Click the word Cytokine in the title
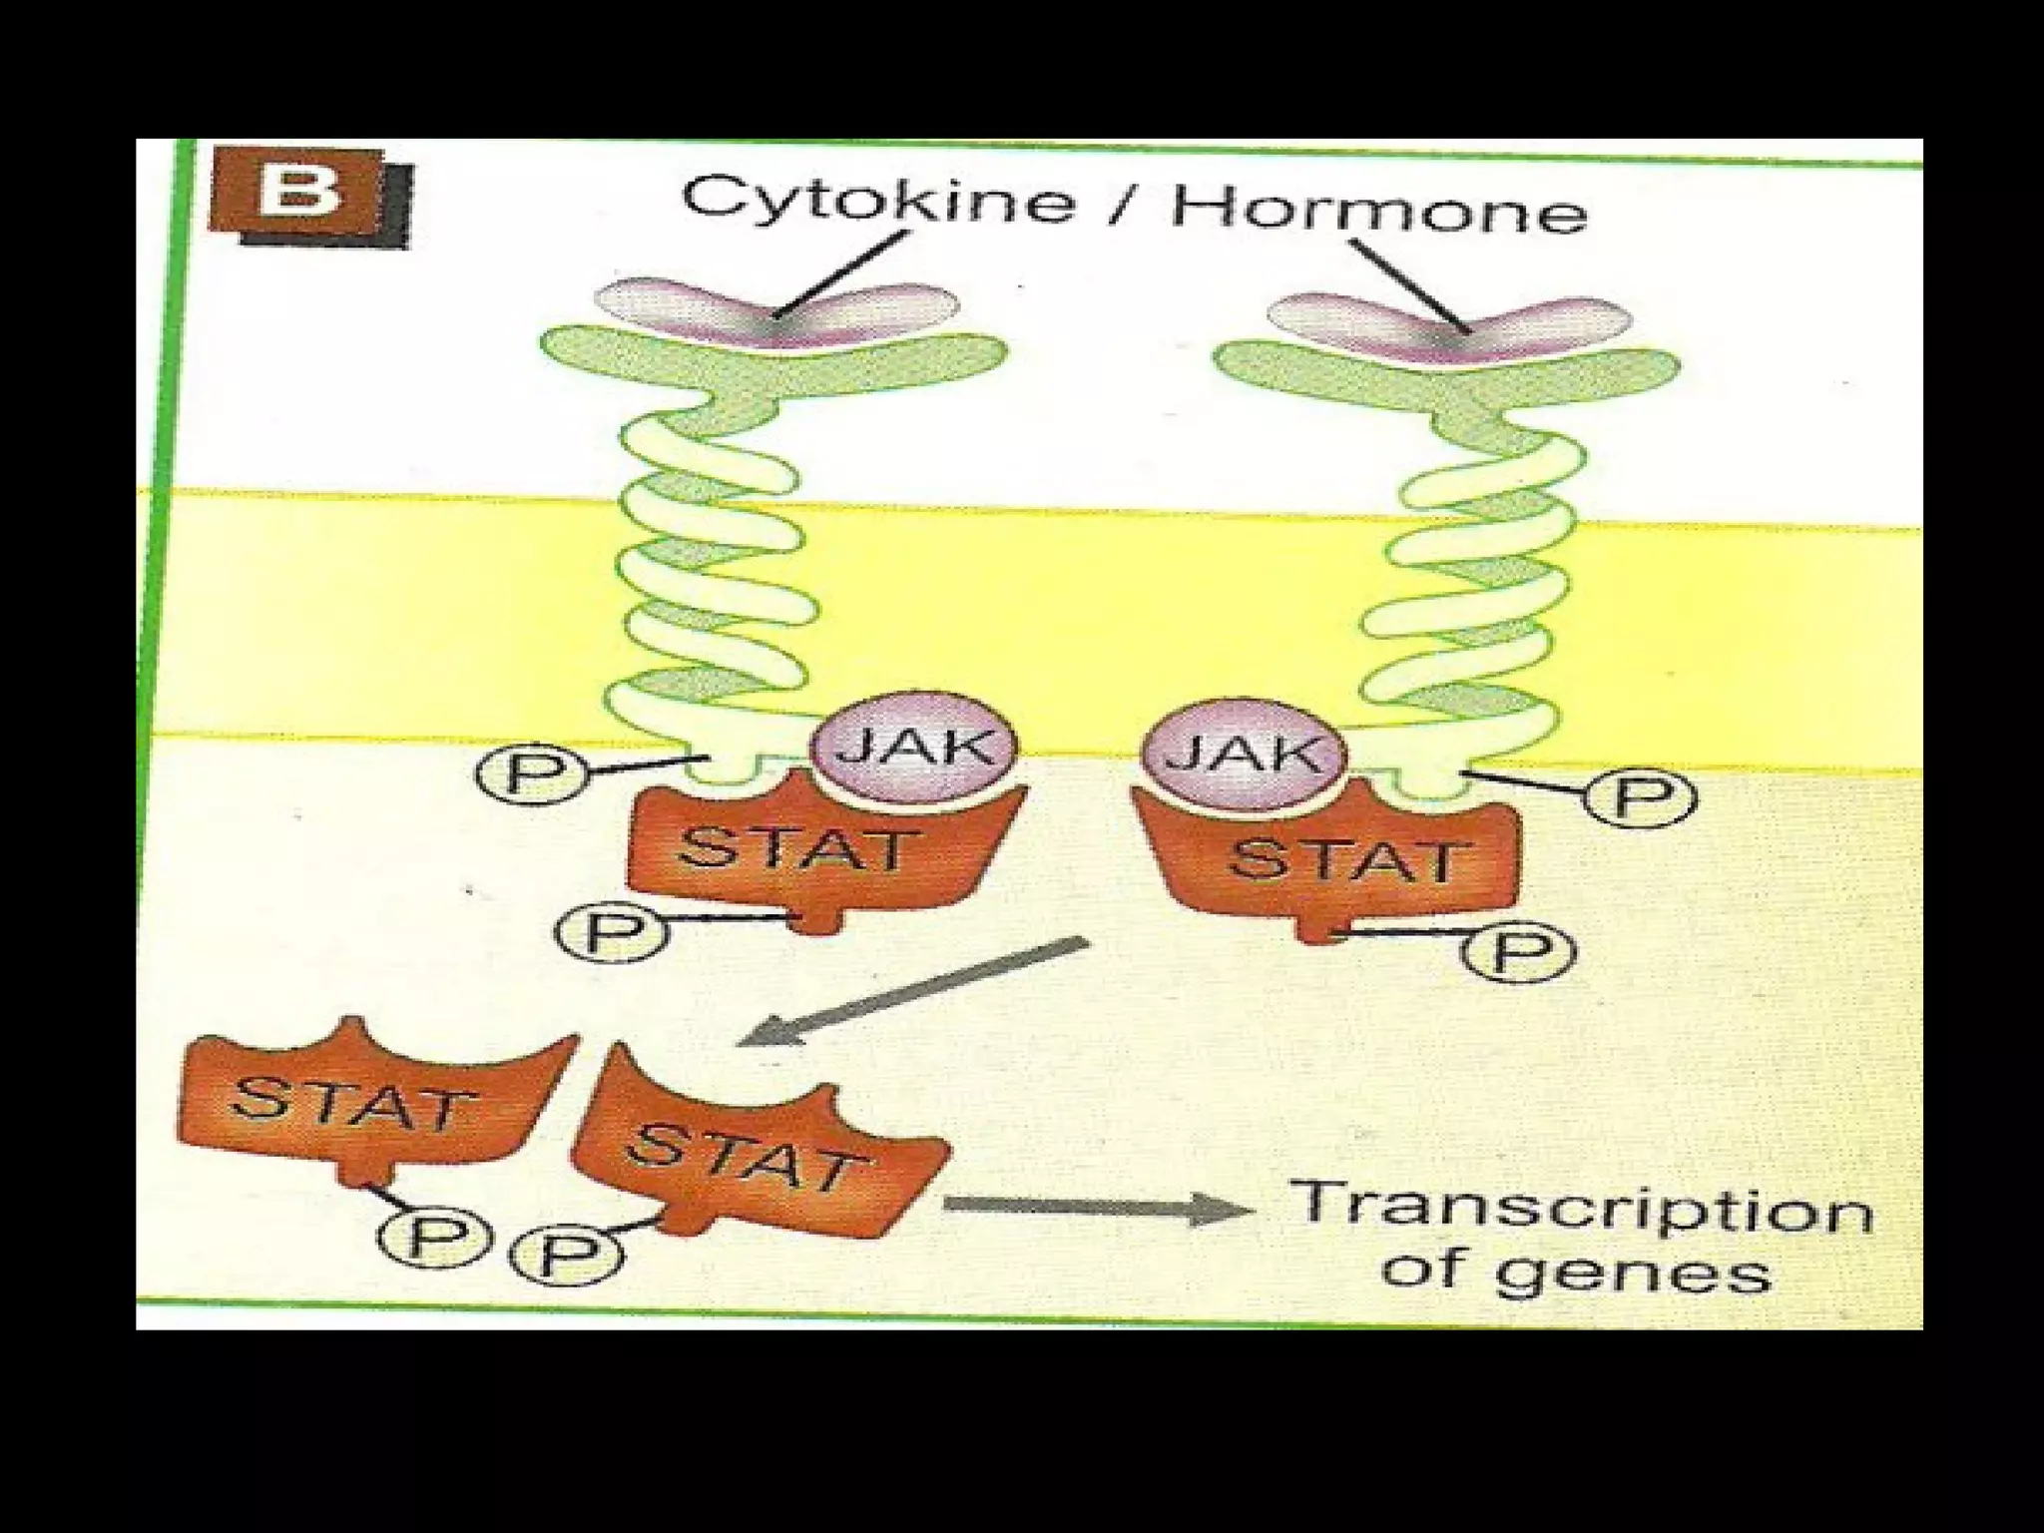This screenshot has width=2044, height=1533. [x=878, y=200]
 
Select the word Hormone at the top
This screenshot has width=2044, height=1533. [x=1378, y=212]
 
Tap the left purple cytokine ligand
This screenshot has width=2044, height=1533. [x=775, y=311]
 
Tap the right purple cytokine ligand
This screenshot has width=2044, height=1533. [x=1449, y=324]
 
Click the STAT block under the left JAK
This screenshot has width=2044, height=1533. [x=798, y=850]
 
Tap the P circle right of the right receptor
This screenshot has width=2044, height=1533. [x=1640, y=797]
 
